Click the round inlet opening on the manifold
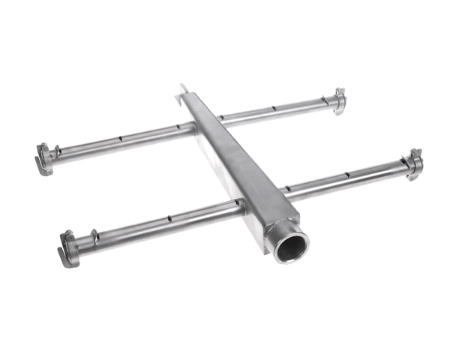(291, 246)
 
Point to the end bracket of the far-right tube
(339, 100)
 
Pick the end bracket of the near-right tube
(414, 163)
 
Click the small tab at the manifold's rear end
(184, 91)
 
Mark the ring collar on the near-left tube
(94, 238)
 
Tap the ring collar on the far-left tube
(57, 153)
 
